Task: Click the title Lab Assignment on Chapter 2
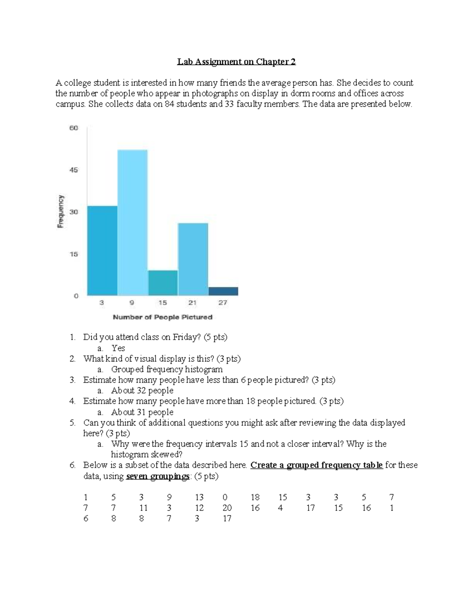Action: (x=236, y=61)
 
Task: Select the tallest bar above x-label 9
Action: (x=132, y=223)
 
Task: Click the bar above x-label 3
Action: (x=102, y=251)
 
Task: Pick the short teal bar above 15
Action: (x=163, y=283)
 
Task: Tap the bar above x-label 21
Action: (x=193, y=259)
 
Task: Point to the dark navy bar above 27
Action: (x=223, y=291)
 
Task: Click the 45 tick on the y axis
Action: (x=74, y=170)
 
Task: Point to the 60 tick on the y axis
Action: (x=74, y=128)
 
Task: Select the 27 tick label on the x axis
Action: (x=223, y=303)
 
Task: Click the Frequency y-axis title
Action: (x=61, y=212)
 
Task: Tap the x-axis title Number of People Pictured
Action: (x=162, y=317)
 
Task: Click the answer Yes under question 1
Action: (x=118, y=348)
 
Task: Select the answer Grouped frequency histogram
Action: (x=167, y=369)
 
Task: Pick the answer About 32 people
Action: (x=142, y=391)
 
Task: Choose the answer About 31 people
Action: (x=142, y=412)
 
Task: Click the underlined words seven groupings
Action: (x=158, y=476)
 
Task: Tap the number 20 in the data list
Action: (x=227, y=508)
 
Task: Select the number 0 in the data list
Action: (x=225, y=497)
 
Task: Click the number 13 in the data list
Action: (x=199, y=497)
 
